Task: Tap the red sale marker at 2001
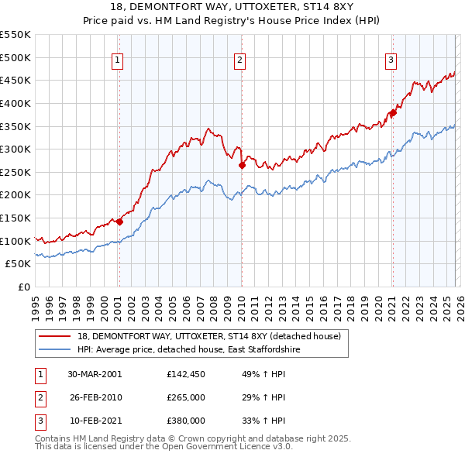pos(119,222)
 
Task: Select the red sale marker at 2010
pos(242,165)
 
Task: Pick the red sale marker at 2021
pos(393,112)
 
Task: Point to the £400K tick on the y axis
pos(15,103)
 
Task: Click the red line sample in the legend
pos(56,336)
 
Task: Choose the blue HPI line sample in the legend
pos(56,350)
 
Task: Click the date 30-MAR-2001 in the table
pos(95,375)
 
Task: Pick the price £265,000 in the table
pos(186,397)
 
